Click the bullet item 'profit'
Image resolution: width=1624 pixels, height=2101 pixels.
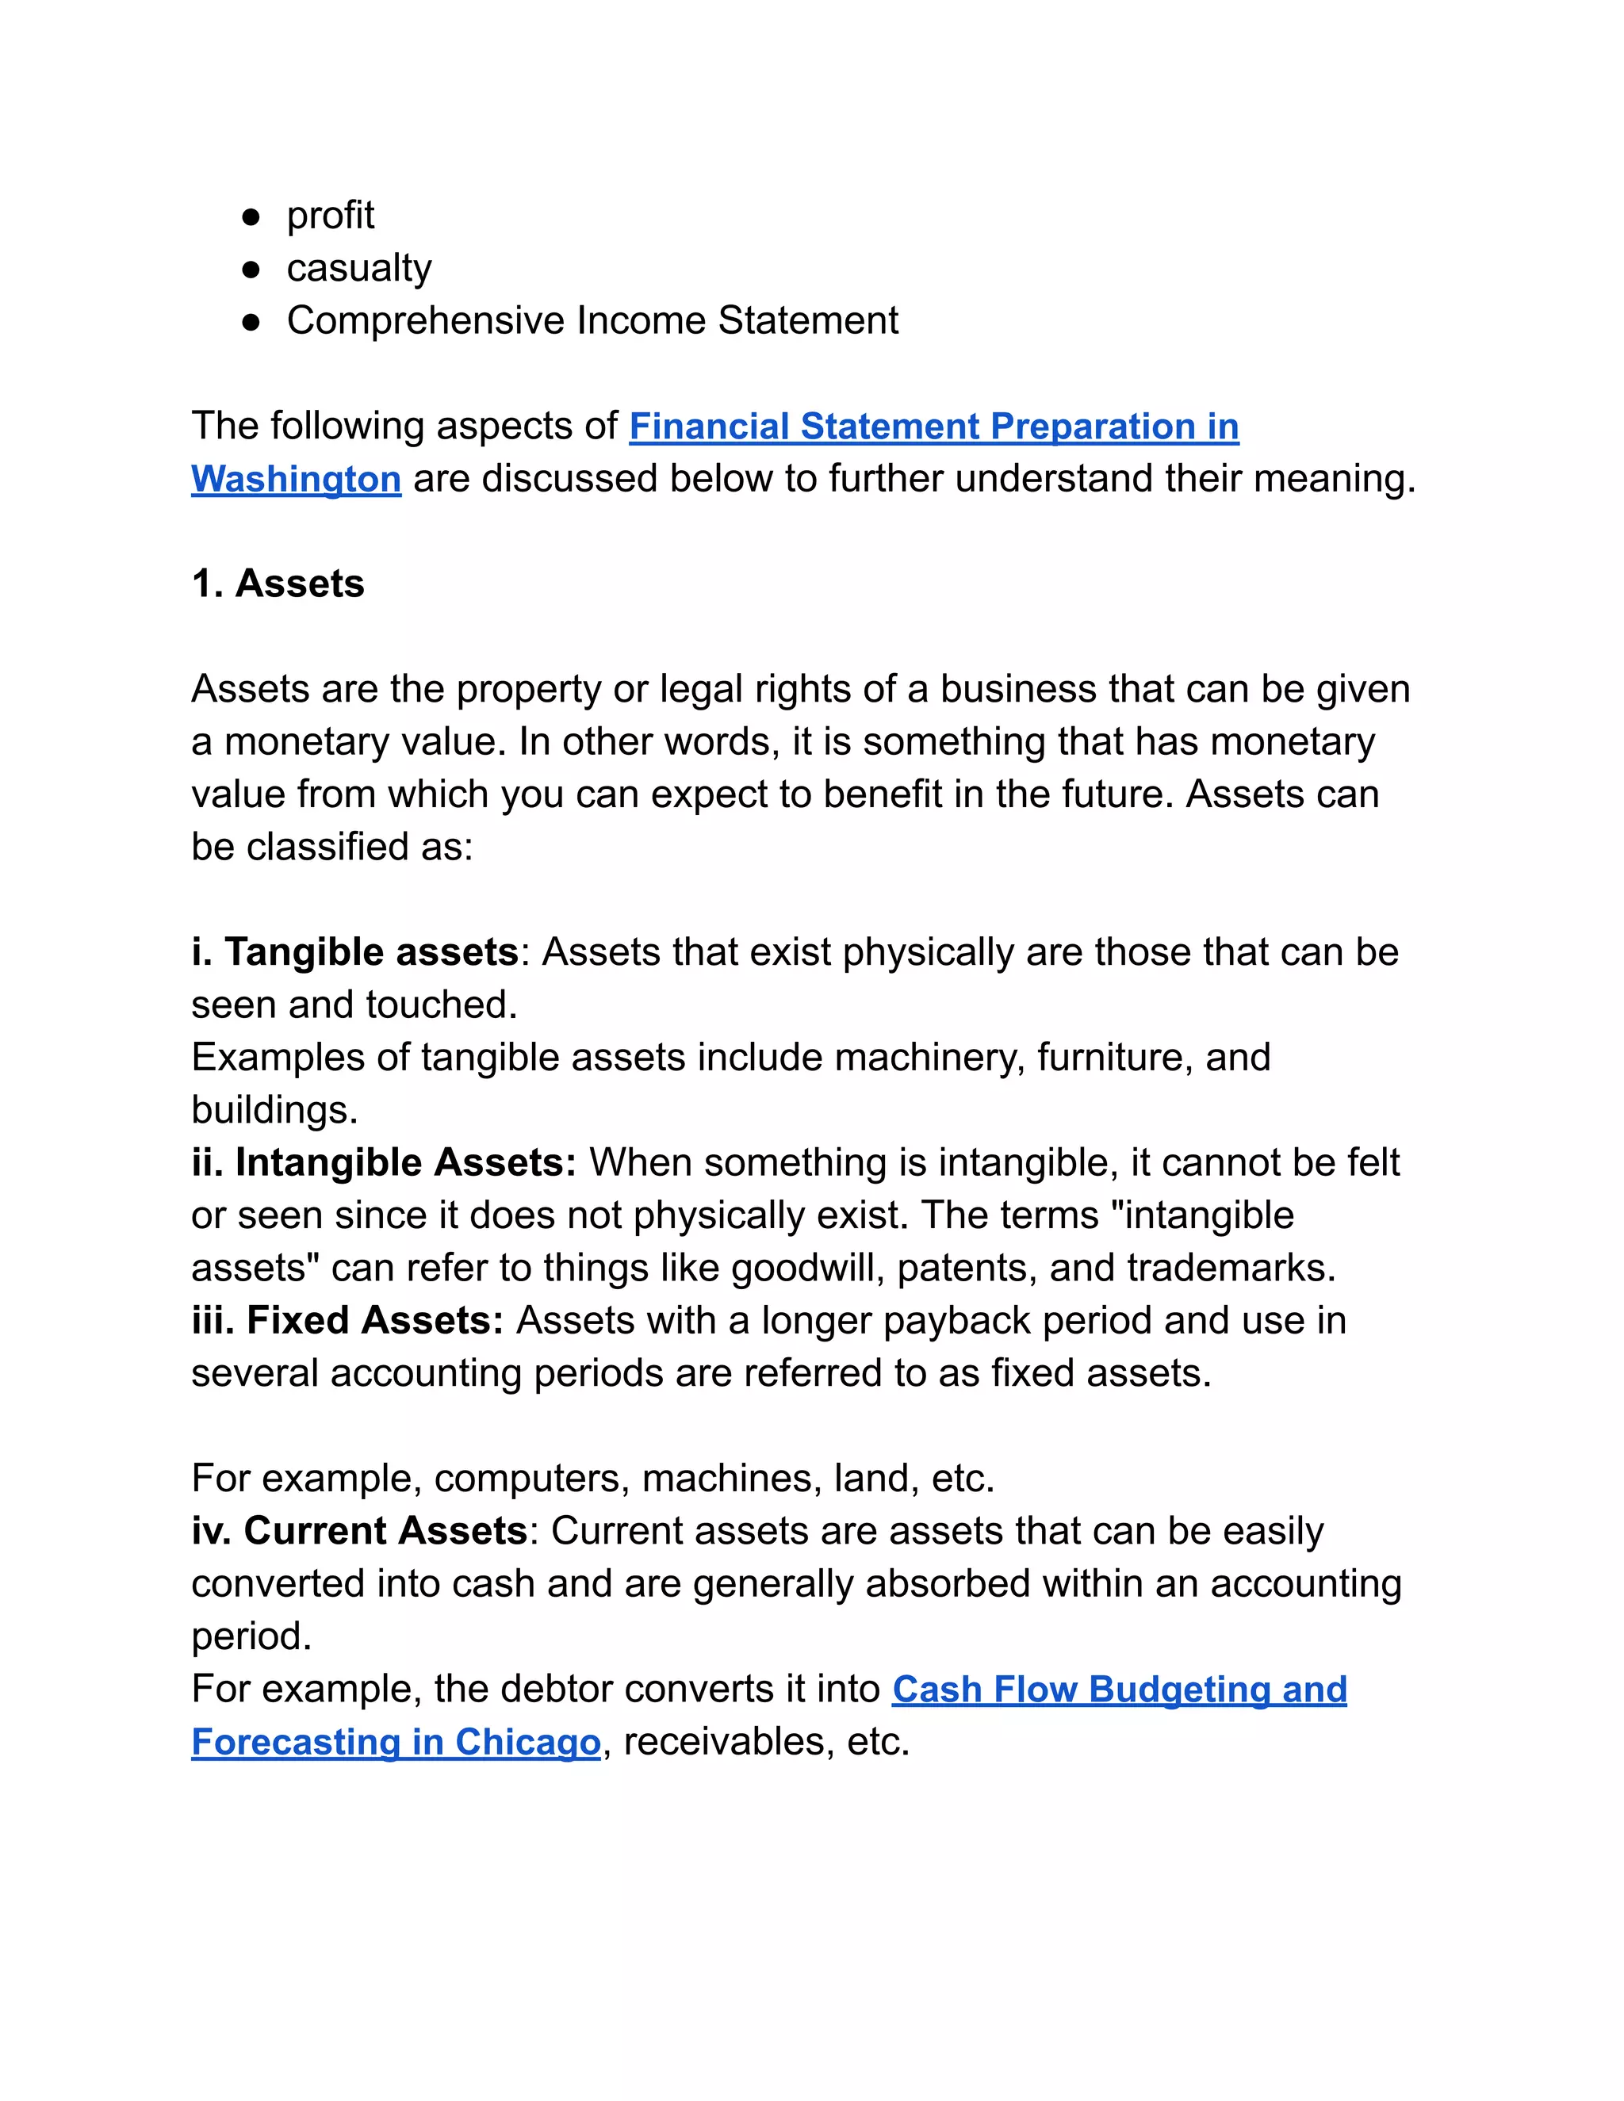(x=330, y=216)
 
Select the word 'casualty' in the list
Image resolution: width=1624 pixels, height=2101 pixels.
(x=359, y=269)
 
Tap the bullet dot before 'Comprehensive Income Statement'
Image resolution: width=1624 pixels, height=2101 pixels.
(x=251, y=322)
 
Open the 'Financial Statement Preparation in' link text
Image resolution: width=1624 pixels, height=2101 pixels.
(x=933, y=427)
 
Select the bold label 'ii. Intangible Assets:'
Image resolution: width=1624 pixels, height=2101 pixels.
(x=383, y=1163)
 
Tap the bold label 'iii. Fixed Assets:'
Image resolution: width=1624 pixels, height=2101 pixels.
(x=347, y=1321)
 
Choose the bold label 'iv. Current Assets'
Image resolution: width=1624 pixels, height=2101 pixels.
(x=359, y=1532)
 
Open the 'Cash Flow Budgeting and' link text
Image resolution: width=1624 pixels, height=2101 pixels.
(x=1119, y=1690)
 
